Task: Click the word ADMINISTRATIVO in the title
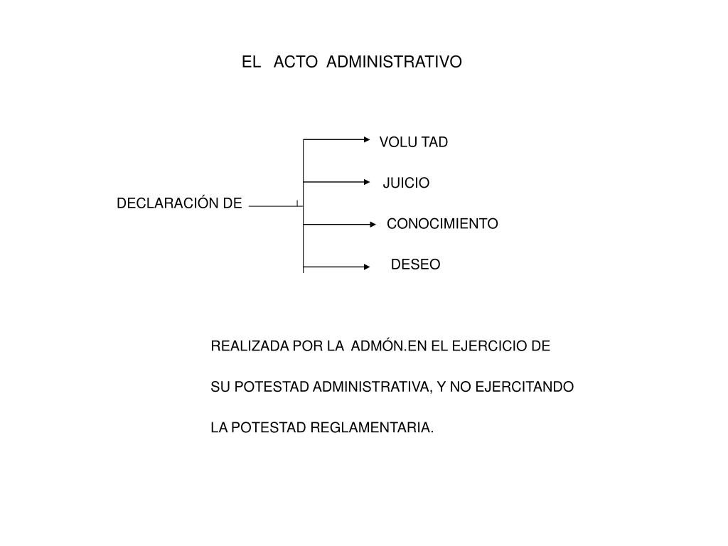[394, 62]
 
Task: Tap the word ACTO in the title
[295, 62]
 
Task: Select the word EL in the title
[251, 62]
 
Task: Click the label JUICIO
[406, 183]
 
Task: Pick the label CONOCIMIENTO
[442, 223]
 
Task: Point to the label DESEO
[415, 264]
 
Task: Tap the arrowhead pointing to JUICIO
[367, 182]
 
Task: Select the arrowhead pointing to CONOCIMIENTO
[373, 225]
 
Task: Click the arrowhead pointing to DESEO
[367, 267]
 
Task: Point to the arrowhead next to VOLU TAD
[367, 139]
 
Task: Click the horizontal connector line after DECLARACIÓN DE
[276, 206]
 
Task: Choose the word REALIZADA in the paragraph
[250, 346]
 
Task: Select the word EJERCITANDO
[525, 387]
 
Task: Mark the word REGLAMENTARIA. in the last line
[372, 427]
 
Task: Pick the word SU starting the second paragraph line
[220, 387]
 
